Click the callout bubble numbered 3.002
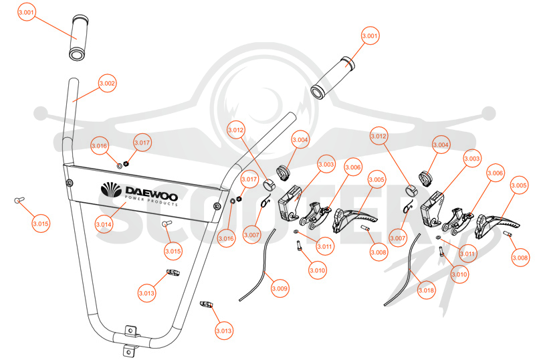click(107, 84)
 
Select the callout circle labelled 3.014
click(104, 224)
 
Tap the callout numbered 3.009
click(280, 288)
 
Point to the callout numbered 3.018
click(426, 290)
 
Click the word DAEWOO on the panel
click(152, 193)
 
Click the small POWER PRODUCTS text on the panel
click(151, 201)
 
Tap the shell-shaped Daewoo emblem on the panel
click(111, 190)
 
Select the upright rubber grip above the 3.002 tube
click(79, 37)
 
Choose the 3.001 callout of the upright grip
click(26, 12)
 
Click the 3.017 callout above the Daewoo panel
click(142, 143)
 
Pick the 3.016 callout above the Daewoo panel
click(99, 146)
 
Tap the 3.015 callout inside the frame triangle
click(173, 252)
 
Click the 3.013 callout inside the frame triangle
click(146, 293)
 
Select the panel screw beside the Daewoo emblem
click(70, 183)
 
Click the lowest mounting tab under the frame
click(128, 351)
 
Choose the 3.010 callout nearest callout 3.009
click(317, 270)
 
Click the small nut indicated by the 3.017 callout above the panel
click(126, 163)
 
